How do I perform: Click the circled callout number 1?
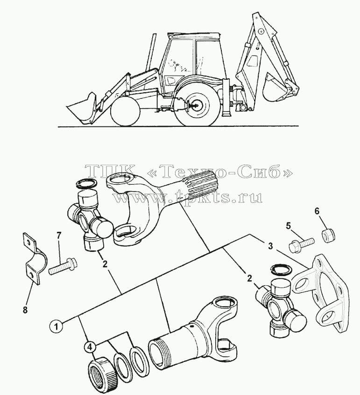pos(56,326)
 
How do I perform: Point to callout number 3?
pos(270,246)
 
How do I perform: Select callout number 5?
pos(288,226)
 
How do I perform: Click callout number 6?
pos(317,211)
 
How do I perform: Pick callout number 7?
pos(58,236)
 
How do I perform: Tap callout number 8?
pos(25,310)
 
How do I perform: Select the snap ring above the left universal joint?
pos(86,184)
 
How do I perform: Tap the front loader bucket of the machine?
pos(82,108)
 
